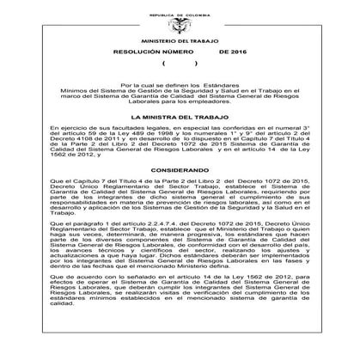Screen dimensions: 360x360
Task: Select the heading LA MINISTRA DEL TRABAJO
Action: click(x=179, y=117)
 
